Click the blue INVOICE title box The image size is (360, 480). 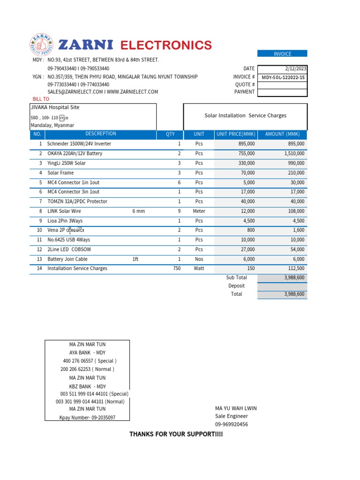click(282, 54)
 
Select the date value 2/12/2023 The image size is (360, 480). click(295, 68)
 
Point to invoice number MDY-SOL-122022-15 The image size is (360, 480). click(283, 77)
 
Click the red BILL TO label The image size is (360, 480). click(41, 99)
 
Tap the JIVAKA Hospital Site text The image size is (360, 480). click(55, 107)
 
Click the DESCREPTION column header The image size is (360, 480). click(101, 134)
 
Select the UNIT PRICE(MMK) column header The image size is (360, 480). click(236, 135)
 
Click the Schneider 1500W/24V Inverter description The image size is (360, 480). click(79, 144)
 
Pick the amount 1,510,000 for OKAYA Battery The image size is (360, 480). click(294, 154)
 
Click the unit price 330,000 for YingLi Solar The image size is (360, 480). click(244, 163)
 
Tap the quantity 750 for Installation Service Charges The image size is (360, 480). click(176, 269)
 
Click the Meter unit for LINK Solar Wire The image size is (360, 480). click(199, 211)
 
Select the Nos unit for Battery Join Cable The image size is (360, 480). click(199, 259)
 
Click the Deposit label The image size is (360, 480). click(236, 286)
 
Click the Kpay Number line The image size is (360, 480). click(87, 418)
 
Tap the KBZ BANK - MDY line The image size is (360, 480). click(87, 386)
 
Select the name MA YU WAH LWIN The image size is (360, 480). click(236, 408)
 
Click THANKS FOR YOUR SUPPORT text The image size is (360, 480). click(176, 435)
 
